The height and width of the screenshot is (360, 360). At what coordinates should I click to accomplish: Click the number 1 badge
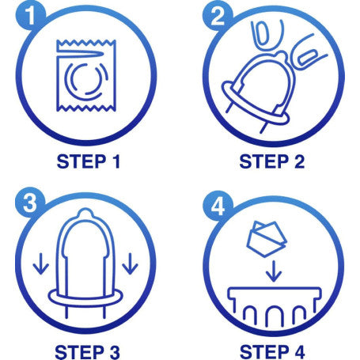(x=31, y=16)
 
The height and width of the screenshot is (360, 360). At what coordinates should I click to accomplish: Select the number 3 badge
(x=30, y=203)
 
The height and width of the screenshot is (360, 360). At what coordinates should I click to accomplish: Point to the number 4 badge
(x=218, y=205)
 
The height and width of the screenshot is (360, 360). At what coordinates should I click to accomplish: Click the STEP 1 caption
(x=89, y=161)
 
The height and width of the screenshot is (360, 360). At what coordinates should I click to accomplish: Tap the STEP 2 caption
(x=272, y=161)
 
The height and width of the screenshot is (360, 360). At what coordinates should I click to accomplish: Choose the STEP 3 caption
(x=87, y=352)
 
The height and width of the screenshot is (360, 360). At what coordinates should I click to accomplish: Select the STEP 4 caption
(x=272, y=352)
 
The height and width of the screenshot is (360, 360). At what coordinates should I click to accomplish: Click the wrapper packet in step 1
(x=86, y=75)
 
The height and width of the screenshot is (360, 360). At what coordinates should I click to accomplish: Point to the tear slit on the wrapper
(x=81, y=54)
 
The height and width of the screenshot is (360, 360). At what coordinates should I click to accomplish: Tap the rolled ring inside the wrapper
(x=86, y=79)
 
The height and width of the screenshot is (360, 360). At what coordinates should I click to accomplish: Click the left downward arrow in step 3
(x=41, y=263)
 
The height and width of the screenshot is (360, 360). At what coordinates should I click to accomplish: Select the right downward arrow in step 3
(x=130, y=263)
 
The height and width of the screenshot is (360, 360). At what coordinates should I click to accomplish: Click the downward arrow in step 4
(x=274, y=271)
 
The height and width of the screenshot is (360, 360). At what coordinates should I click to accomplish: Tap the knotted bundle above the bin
(x=267, y=240)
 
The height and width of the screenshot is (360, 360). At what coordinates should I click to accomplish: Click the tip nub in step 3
(x=85, y=213)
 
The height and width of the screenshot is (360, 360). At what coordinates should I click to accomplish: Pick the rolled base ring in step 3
(x=85, y=298)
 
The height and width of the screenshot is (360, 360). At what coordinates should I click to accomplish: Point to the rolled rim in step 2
(x=256, y=102)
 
